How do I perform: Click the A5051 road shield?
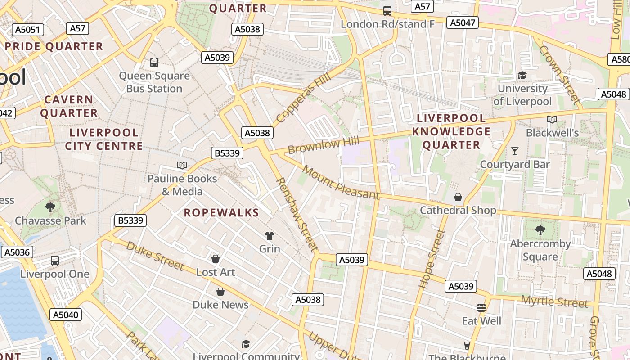point(27,30)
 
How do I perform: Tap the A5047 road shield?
point(462,22)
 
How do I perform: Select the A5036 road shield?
point(18,252)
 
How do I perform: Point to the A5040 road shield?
point(66,315)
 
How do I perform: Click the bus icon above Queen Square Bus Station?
point(154,63)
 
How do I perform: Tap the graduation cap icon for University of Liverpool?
point(522,75)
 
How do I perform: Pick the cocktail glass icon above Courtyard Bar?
point(515,151)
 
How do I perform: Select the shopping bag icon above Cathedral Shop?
point(458,197)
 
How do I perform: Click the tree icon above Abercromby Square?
point(540,230)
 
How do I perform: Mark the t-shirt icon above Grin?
point(269,235)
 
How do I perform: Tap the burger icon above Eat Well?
point(481,308)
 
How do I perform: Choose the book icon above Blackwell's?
point(552,119)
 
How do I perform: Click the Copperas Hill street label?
point(303,98)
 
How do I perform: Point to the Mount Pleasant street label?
point(341,182)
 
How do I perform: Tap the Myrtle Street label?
point(554,301)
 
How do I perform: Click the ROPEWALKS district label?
point(221,213)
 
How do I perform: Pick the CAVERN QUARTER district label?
point(69,106)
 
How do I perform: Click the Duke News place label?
point(220,305)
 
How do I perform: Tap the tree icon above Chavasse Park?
point(50,207)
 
